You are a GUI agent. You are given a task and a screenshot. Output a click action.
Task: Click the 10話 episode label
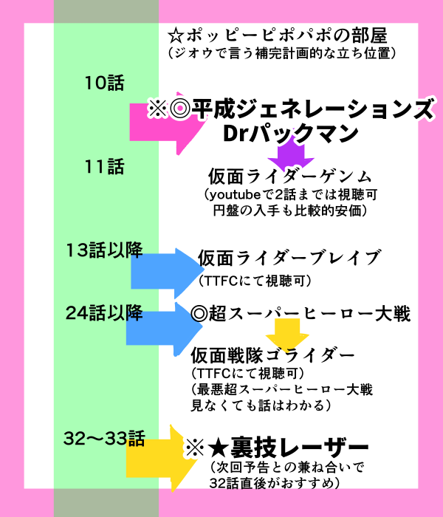(x=105, y=83)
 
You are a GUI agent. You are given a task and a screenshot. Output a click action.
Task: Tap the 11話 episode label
(x=105, y=167)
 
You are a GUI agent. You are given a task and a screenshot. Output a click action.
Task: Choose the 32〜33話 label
(x=105, y=439)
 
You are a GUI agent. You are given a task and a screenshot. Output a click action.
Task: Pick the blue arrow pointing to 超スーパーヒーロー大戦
(x=159, y=325)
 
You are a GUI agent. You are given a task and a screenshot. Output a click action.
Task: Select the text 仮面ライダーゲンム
(x=288, y=178)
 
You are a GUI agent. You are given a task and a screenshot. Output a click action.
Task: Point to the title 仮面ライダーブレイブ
(x=289, y=258)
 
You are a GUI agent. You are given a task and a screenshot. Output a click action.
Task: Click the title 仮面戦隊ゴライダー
(x=277, y=355)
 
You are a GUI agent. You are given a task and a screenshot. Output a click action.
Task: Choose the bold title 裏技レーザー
(x=288, y=448)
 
